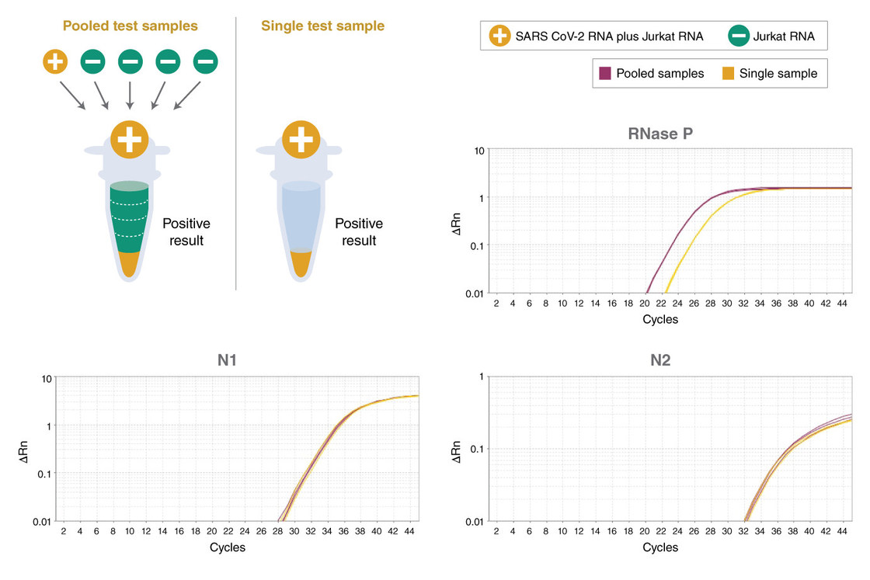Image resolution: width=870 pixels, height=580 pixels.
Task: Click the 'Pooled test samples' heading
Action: pyautogui.click(x=130, y=26)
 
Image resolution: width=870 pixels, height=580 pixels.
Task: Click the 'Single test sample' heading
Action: pyautogui.click(x=322, y=26)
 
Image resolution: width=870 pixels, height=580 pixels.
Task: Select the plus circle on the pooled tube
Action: pyautogui.click(x=130, y=141)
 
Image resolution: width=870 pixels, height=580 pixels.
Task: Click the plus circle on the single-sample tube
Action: pyautogui.click(x=299, y=141)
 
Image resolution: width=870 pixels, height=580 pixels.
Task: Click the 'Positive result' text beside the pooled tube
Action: pyautogui.click(x=186, y=232)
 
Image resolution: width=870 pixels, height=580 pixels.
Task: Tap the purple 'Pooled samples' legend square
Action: pyautogui.click(x=604, y=74)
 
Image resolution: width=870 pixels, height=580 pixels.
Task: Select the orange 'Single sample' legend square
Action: pyautogui.click(x=728, y=74)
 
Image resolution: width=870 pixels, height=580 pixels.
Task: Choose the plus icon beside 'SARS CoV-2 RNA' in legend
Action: pyautogui.click(x=499, y=35)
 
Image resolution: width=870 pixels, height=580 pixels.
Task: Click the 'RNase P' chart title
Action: pyautogui.click(x=660, y=133)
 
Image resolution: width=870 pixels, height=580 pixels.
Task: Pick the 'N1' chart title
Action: pyautogui.click(x=228, y=361)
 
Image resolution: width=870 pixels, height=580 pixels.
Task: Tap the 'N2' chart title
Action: pyautogui.click(x=660, y=361)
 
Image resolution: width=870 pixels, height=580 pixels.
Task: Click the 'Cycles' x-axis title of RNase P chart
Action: pyautogui.click(x=660, y=319)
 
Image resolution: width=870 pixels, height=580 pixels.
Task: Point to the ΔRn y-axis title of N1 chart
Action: pyautogui.click(x=25, y=450)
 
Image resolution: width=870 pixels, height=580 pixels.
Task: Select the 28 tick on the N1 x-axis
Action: pyautogui.click(x=277, y=532)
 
